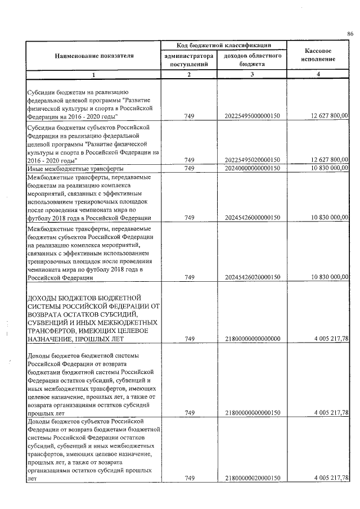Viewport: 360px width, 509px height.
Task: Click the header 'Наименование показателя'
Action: (94, 56)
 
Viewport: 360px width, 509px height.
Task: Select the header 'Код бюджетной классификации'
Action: (224, 45)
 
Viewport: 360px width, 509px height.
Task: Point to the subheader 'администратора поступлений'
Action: (189, 61)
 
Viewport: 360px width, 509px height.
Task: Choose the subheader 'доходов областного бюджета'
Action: (252, 61)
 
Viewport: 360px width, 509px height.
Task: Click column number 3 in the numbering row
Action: (252, 75)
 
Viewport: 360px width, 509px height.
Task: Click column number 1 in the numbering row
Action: (94, 75)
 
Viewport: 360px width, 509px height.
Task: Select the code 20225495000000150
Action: (252, 116)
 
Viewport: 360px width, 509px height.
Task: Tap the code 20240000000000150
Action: (252, 168)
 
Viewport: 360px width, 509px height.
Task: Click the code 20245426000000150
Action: (252, 218)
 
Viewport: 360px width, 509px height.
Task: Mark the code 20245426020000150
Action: (252, 277)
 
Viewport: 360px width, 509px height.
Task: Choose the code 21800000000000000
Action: (252, 339)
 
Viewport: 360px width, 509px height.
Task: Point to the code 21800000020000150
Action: (252, 478)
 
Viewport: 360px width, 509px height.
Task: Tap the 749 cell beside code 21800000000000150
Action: (189, 412)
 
